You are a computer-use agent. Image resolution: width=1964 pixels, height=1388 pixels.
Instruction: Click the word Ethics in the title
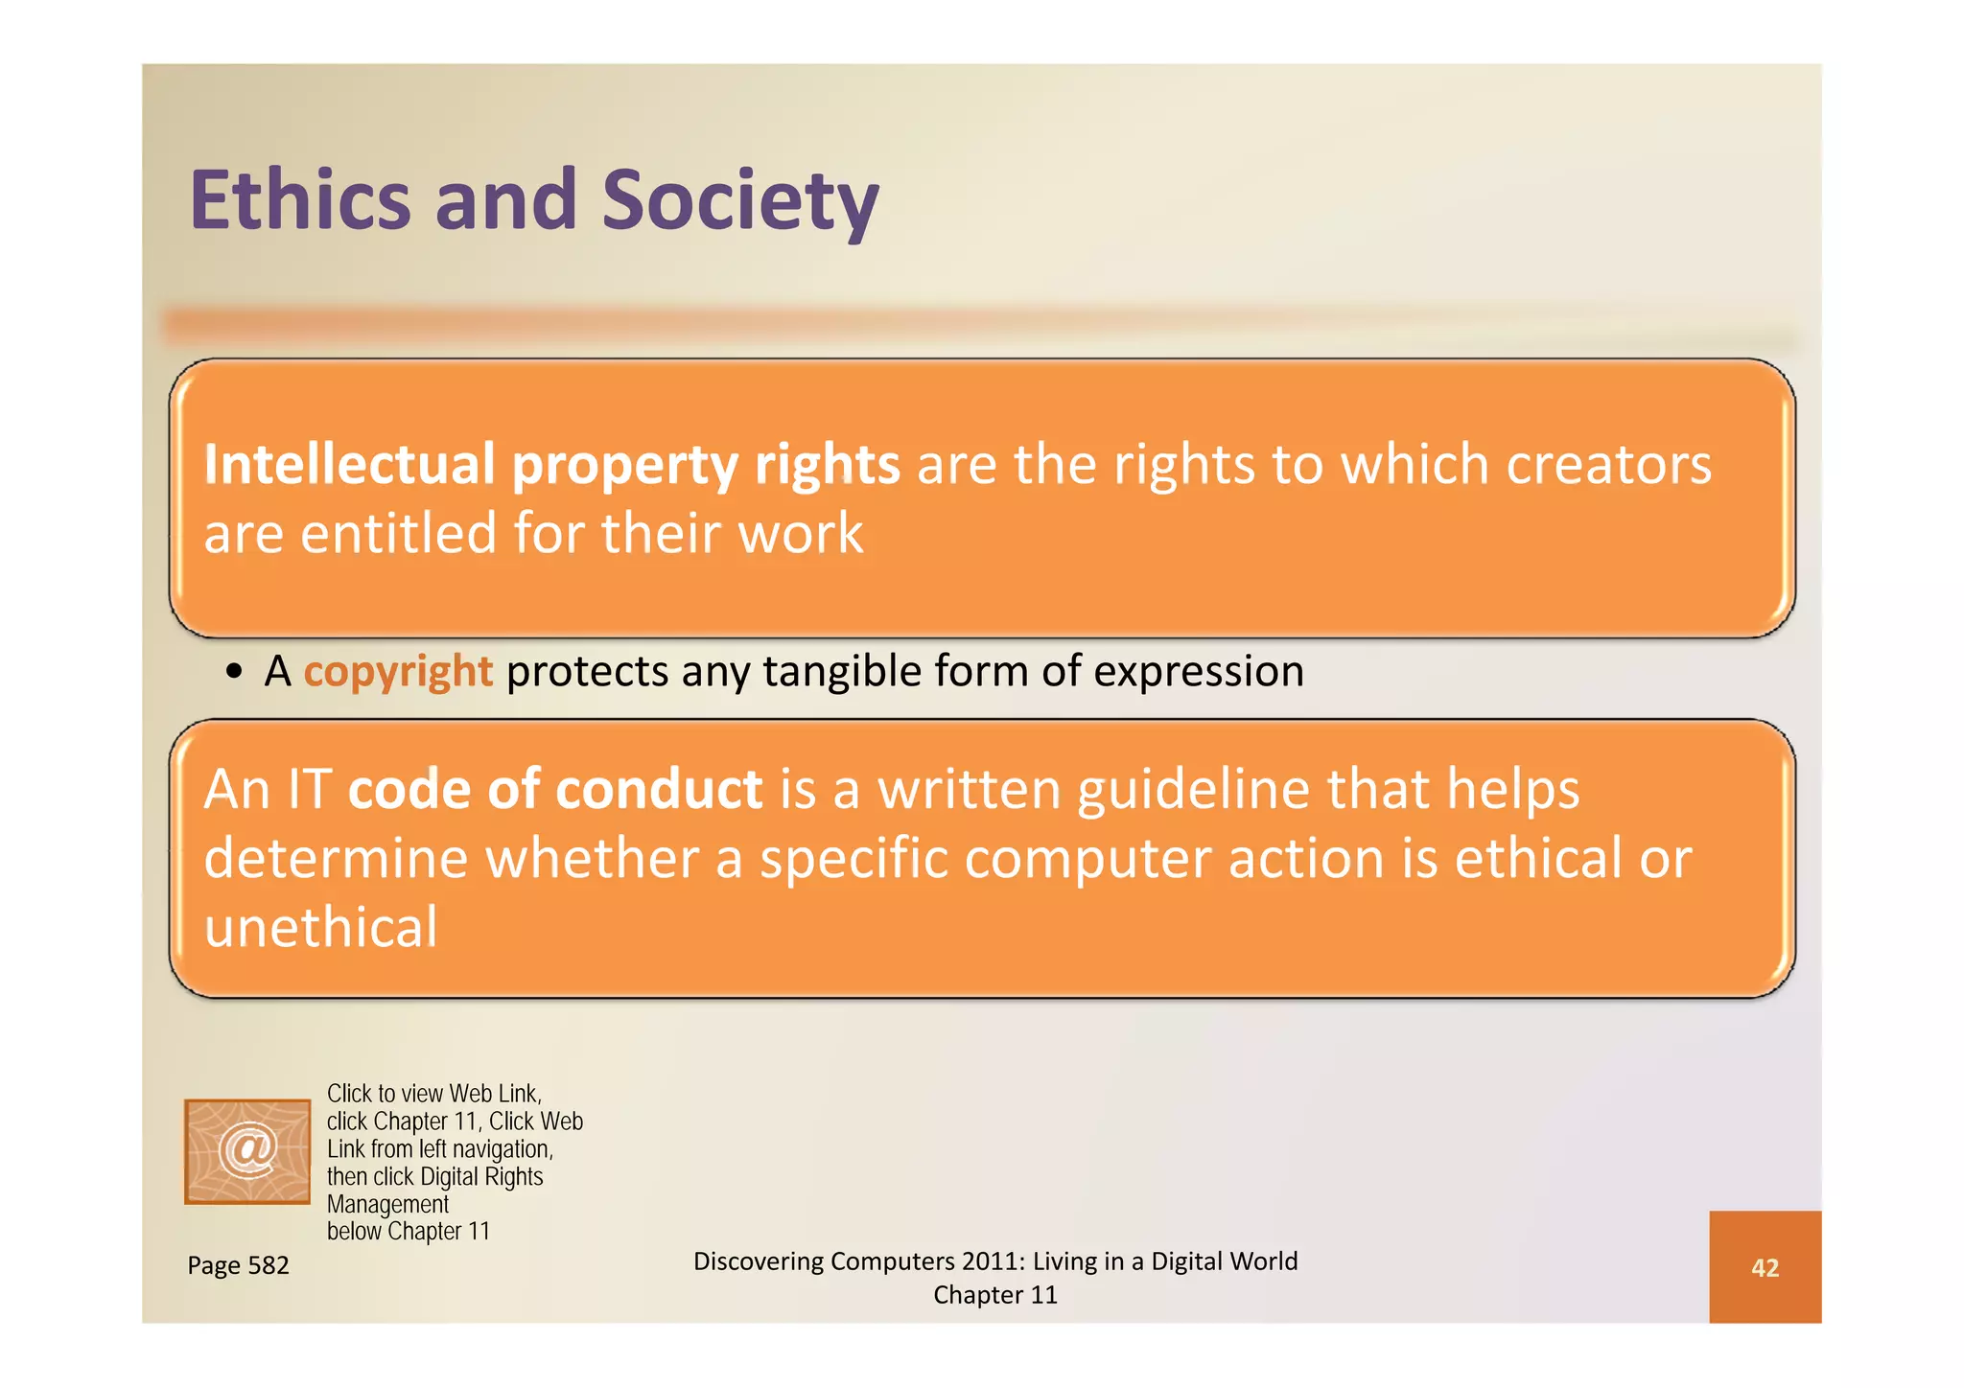pyautogui.click(x=300, y=200)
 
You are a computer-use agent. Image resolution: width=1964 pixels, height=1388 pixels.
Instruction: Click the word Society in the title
pyautogui.click(x=739, y=200)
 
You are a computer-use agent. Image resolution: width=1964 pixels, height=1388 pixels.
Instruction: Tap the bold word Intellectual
pyautogui.click(x=349, y=465)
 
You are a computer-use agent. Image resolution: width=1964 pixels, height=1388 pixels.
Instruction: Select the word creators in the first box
pyautogui.click(x=1608, y=465)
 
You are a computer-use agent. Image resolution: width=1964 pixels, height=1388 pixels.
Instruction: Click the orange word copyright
pyautogui.click(x=397, y=671)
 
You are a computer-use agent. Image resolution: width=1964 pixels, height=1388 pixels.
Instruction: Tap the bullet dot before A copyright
pyautogui.click(x=234, y=672)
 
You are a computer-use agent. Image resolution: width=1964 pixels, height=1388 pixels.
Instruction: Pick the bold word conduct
pyautogui.click(x=659, y=790)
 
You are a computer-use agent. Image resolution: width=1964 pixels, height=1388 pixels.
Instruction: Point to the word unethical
pyautogui.click(x=320, y=927)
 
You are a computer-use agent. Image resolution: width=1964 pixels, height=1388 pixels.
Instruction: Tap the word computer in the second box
pyautogui.click(x=1087, y=858)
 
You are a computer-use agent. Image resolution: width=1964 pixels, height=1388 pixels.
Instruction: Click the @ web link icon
pyautogui.click(x=247, y=1151)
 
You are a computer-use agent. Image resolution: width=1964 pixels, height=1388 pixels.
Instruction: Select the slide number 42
pyautogui.click(x=1765, y=1267)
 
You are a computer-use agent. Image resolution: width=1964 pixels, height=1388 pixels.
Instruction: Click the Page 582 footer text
pyautogui.click(x=238, y=1265)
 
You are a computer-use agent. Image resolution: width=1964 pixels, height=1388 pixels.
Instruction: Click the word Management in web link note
pyautogui.click(x=387, y=1204)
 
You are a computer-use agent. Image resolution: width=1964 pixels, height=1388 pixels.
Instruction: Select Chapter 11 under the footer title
pyautogui.click(x=994, y=1295)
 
